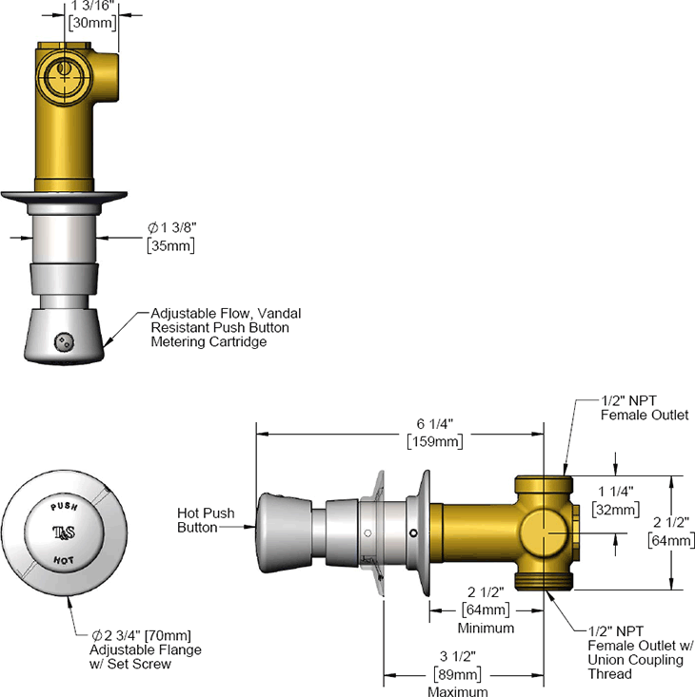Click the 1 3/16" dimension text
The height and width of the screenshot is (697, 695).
tap(92, 6)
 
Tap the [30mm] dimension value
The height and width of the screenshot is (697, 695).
tap(92, 25)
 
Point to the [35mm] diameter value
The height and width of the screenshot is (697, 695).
tap(170, 246)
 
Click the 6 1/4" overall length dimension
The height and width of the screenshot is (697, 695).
tap(435, 423)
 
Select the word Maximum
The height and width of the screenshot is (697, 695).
tap(458, 691)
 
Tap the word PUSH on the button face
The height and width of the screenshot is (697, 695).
tap(64, 508)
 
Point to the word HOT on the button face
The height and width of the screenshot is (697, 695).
tap(64, 559)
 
